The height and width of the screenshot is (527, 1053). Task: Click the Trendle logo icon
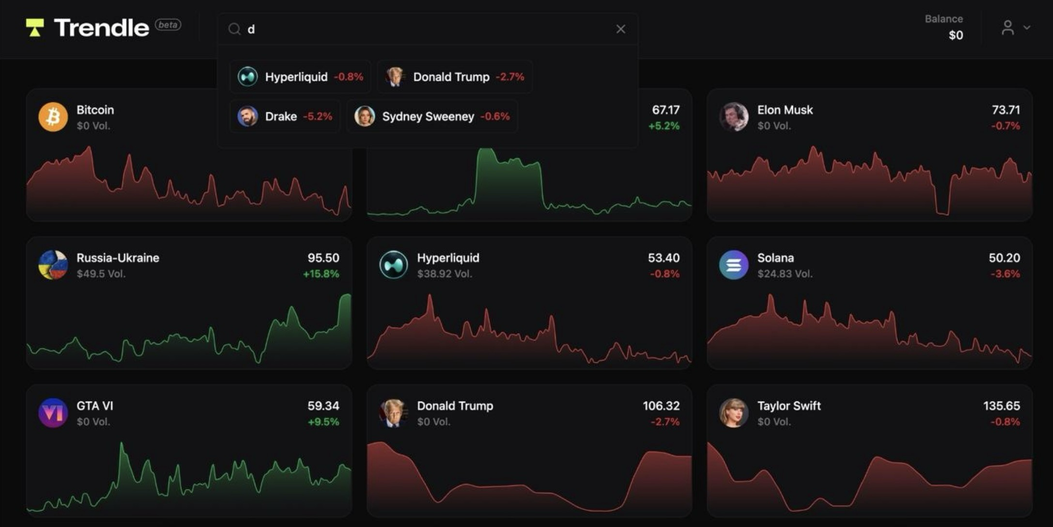34,28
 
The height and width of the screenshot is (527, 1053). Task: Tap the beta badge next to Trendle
168,25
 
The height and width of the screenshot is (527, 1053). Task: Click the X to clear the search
620,29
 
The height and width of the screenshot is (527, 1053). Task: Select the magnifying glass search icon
234,29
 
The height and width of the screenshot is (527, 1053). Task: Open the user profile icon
1007,28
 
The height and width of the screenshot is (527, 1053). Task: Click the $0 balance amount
955,35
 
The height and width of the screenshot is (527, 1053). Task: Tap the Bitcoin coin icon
53,117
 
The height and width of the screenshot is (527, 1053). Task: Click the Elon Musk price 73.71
1006,110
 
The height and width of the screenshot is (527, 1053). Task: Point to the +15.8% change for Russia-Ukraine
321,274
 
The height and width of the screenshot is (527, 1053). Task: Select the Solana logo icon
733,265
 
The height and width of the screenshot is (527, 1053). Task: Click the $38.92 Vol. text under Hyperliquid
444,274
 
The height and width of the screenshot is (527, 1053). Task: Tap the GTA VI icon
53,413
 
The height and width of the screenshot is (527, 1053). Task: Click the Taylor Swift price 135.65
1001,406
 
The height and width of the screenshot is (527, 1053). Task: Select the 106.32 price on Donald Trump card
661,406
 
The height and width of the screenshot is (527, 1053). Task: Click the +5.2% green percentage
664,126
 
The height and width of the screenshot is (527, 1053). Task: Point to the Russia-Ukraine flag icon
53,265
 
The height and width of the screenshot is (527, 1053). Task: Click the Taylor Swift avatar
733,413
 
